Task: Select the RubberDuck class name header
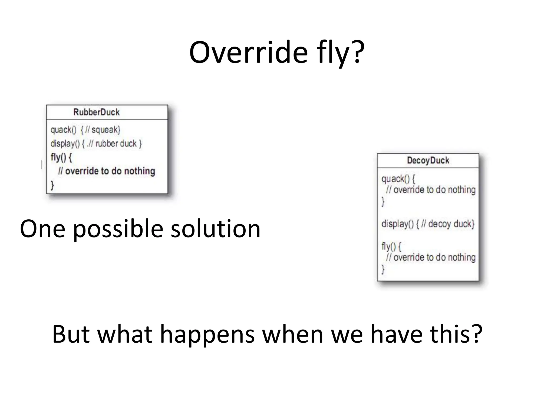pos(96,112)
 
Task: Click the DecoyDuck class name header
pos(428,160)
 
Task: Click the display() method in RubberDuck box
pos(65,144)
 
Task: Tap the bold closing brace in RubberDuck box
pos(52,185)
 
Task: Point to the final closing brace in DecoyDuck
pos(383,269)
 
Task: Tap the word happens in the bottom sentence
pos(207,335)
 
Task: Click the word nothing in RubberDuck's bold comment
pos(140,171)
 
